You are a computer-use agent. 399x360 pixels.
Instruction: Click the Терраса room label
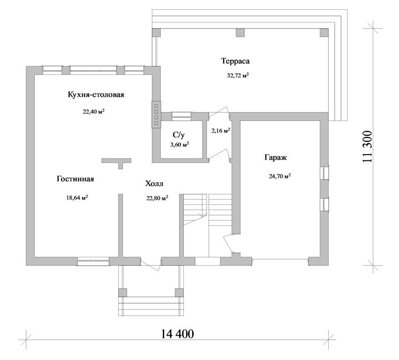tap(235, 61)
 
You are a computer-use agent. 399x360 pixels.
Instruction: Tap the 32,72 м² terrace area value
tap(238, 75)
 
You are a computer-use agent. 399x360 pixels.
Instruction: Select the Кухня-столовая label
tap(96, 95)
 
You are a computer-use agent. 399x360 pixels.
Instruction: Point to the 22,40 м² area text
tap(94, 112)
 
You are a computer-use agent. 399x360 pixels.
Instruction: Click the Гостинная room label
tap(75, 179)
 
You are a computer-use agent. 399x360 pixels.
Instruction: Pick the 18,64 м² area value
tap(77, 198)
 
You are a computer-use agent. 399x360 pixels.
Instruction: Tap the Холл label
tap(154, 183)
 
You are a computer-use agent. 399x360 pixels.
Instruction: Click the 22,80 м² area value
tap(157, 198)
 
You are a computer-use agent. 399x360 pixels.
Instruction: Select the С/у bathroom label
tap(179, 135)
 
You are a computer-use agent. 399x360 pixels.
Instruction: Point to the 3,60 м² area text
tap(180, 145)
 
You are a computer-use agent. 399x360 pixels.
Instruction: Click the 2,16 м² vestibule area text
tap(221, 130)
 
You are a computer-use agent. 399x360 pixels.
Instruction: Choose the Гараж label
tap(276, 157)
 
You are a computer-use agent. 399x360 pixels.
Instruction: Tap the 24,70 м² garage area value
tap(280, 176)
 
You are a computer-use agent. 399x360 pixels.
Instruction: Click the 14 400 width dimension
tap(177, 334)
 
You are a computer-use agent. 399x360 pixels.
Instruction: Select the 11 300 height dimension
tap(368, 147)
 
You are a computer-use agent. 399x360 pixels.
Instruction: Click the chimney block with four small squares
tap(156, 114)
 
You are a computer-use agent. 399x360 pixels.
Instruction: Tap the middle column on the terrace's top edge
tap(240, 32)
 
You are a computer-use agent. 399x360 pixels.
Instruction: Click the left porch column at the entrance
tap(123, 292)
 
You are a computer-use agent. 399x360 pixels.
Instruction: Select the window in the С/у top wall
tap(181, 116)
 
